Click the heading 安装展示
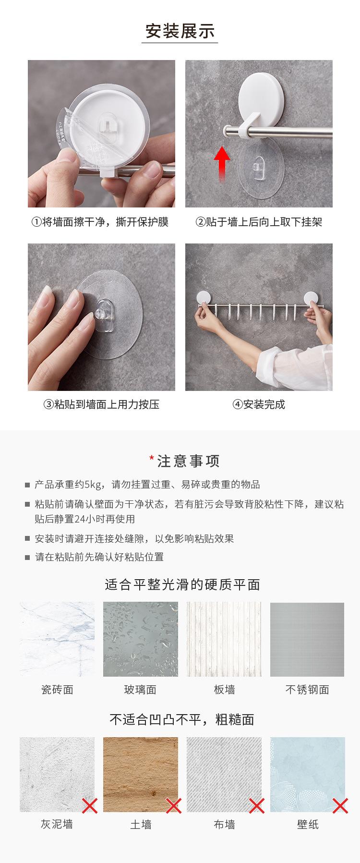180,31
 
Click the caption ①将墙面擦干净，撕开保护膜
100,222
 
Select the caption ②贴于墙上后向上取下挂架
258,222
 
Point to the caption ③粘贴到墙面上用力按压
101,404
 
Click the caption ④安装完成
259,404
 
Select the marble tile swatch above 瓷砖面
57,639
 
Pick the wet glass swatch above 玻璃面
141,639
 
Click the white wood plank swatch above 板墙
224,639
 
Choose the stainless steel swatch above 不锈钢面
307,639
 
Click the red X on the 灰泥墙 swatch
90,805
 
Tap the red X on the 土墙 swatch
173,805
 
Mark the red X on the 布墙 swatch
257,805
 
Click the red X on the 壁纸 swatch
340,805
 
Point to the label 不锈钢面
307,690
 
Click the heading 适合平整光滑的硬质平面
182,584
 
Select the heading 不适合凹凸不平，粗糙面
182,719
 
